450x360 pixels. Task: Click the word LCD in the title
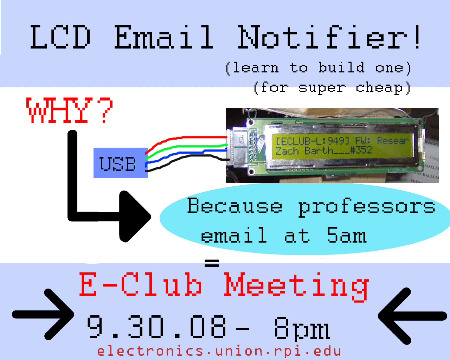pos(60,37)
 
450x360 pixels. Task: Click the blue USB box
pos(121,163)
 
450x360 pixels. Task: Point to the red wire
pos(184,138)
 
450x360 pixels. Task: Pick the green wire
pos(184,147)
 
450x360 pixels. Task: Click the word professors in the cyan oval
pos(366,207)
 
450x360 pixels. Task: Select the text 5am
pos(347,235)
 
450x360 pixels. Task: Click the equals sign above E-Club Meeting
pos(212,263)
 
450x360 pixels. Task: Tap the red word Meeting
pos(296,287)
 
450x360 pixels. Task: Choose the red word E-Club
pos(141,284)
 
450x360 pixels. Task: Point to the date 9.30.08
pos(156,327)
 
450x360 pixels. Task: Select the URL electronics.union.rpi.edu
pos(219,352)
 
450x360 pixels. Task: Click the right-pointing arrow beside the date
pos(43,314)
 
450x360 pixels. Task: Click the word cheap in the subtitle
pos(379,88)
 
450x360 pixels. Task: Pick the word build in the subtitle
pos(341,67)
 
